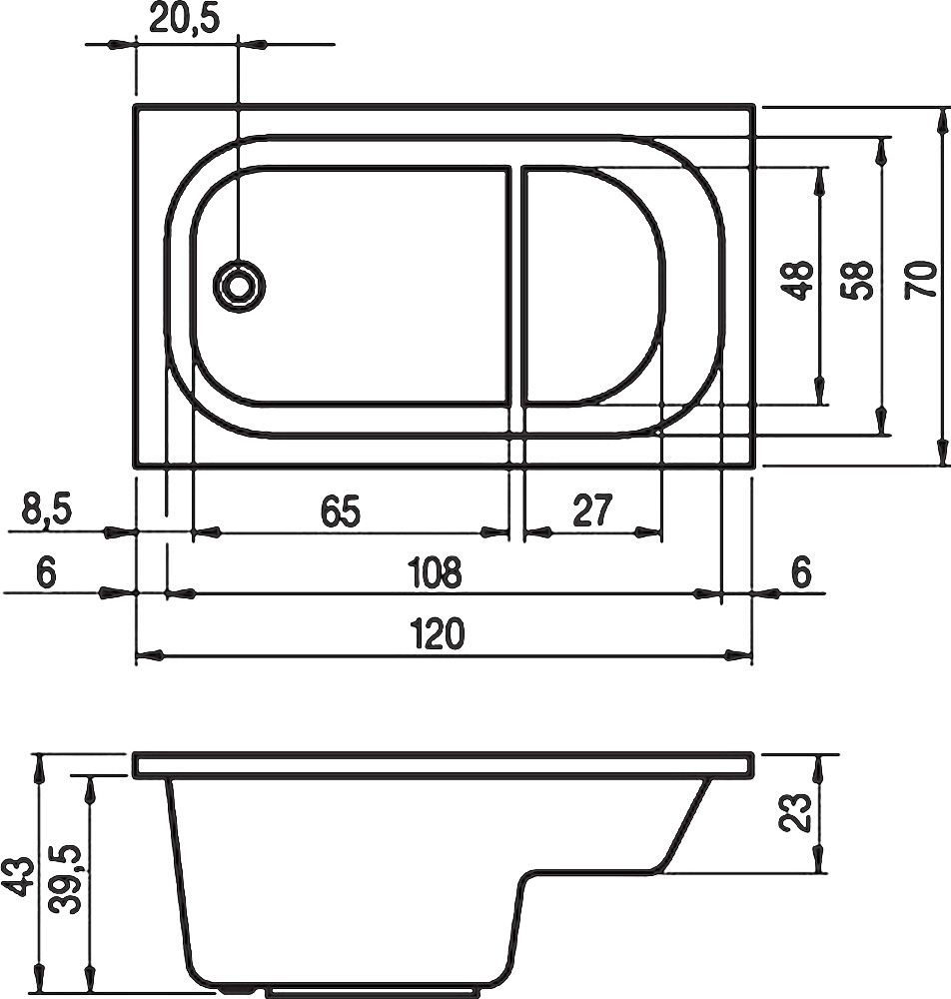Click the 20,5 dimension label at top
(184, 19)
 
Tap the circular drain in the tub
(239, 287)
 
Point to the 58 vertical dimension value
(858, 281)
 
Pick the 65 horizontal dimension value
(340, 511)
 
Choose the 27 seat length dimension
(591, 511)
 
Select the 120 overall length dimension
(438, 634)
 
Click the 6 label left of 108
(45, 573)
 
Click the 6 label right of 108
(801, 572)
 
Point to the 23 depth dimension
(795, 814)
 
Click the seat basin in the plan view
(589, 285)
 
